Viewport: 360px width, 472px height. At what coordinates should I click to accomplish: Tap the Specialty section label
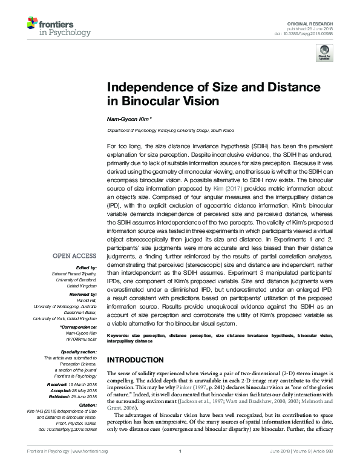pyautogui.click(x=79, y=350)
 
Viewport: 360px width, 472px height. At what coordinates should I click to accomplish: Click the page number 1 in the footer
pyautogui.click(x=180, y=467)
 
